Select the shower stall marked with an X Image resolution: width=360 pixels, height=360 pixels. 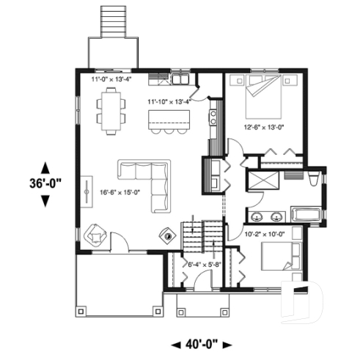pyautogui.click(x=261, y=180)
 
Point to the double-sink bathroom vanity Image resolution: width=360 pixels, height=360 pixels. pyautogui.click(x=267, y=216)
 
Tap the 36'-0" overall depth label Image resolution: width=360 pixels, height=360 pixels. pyautogui.click(x=45, y=184)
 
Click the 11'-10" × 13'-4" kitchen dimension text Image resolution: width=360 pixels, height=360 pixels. pyautogui.click(x=169, y=100)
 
